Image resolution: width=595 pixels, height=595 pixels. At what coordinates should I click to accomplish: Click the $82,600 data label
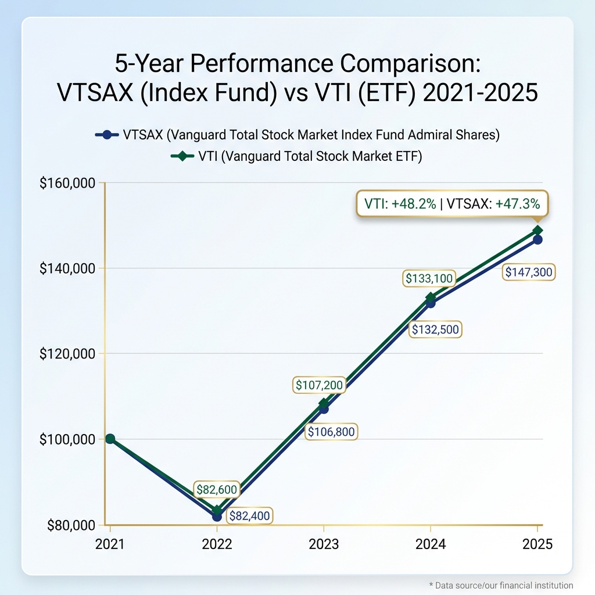point(217,490)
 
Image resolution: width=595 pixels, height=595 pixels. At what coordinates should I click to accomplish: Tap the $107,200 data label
point(319,385)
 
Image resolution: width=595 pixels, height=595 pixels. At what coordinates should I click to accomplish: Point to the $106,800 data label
point(331,432)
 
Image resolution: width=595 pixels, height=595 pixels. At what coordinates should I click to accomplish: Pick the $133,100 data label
point(428,279)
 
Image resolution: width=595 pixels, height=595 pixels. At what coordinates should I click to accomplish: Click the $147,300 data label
point(529,271)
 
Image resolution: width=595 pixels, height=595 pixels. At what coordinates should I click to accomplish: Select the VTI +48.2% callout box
point(451,204)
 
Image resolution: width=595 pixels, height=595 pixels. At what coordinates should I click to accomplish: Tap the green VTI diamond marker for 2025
point(537,231)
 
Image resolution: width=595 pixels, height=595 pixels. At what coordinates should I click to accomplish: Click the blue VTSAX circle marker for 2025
point(537,239)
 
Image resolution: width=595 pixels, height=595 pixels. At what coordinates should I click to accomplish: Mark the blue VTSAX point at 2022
point(217,516)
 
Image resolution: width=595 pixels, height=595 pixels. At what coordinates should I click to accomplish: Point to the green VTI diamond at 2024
point(431,297)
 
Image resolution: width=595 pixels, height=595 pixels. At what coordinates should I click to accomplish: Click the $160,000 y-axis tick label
point(67,183)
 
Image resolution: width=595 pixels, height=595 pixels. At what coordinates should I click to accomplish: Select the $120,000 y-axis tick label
point(67,353)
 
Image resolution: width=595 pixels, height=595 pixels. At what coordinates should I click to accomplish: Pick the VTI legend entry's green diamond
point(182,157)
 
